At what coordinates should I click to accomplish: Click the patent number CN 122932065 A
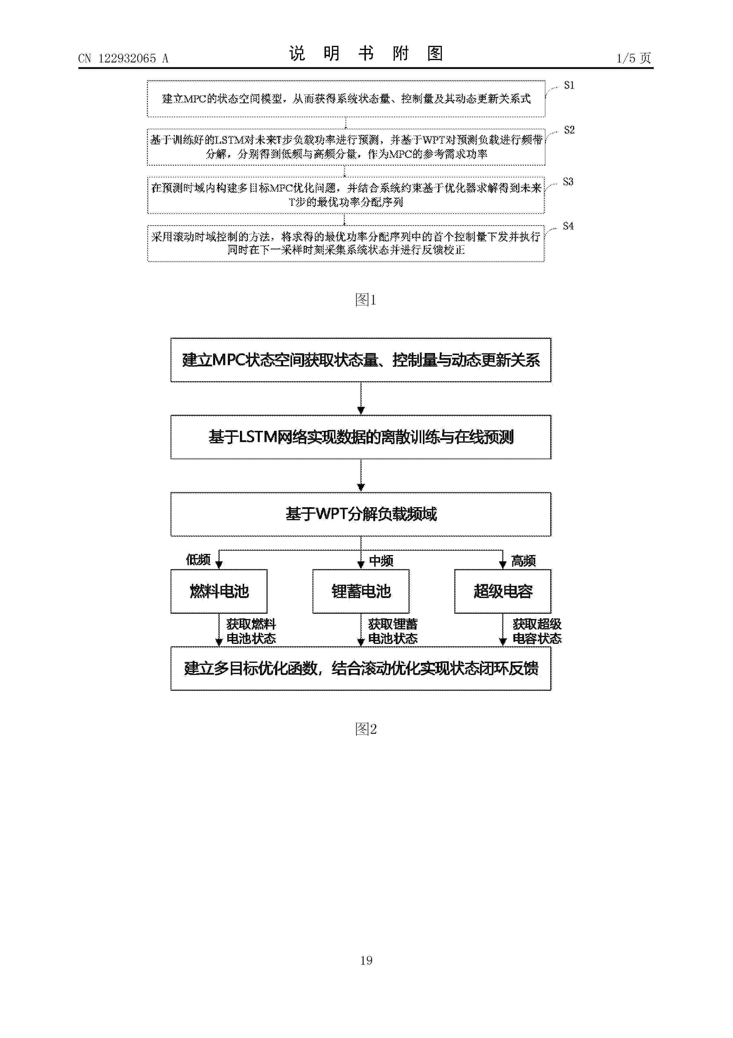123,58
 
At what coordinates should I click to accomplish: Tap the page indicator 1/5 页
634,58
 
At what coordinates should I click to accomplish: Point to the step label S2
569,130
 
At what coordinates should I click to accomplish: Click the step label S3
568,182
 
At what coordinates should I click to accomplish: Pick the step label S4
568,226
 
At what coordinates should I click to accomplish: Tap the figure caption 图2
366,729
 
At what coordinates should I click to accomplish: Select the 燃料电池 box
219,591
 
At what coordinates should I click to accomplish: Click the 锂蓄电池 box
361,591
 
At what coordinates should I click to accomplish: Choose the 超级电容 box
503,591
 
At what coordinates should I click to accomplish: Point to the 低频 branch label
198,560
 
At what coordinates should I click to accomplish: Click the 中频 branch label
381,561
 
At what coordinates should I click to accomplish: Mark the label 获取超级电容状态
537,631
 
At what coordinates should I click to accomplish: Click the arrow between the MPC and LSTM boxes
361,398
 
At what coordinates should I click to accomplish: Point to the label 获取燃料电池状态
251,631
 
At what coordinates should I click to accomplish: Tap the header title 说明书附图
366,53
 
